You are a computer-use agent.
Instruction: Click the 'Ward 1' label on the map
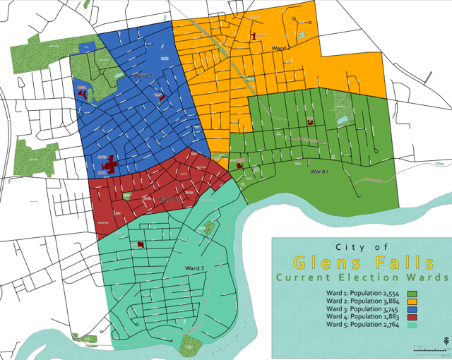(320, 171)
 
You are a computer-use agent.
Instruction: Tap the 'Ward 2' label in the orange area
(281, 48)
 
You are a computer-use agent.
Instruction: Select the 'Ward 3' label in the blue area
(142, 75)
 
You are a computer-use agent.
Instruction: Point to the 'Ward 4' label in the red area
(168, 200)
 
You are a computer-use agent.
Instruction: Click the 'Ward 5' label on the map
(195, 268)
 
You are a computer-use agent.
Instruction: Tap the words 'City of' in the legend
(362, 246)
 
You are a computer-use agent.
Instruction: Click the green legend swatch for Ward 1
(412, 292)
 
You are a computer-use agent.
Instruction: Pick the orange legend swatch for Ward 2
(412, 301)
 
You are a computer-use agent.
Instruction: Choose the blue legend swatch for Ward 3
(412, 308)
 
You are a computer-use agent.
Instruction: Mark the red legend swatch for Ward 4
(412, 317)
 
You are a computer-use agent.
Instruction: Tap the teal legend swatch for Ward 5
(412, 325)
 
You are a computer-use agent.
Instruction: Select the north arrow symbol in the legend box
(446, 342)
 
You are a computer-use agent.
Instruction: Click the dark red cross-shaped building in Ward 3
(108, 165)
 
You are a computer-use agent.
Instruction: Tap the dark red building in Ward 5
(141, 244)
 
